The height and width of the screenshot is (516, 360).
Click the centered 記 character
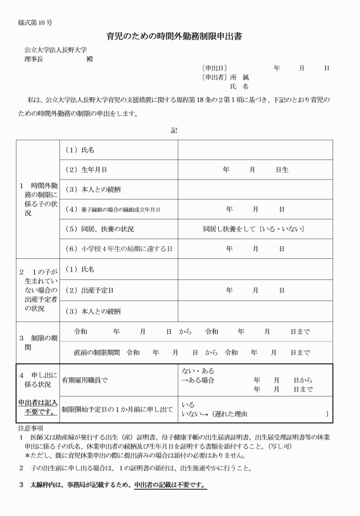pos(174,130)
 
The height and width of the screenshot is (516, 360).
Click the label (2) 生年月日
pos(87,170)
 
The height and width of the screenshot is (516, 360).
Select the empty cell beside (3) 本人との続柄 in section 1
pos(255,189)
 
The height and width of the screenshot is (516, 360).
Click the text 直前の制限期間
pos(97,353)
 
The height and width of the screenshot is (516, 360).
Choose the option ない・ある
pos(197,371)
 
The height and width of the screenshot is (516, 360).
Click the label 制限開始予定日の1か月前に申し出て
pos(117,409)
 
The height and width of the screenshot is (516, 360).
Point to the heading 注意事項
pos(31,427)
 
